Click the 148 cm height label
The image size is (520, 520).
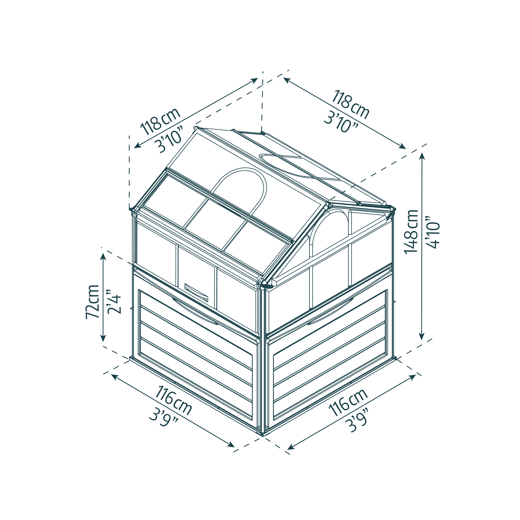[x=411, y=231]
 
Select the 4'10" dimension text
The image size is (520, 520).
[x=433, y=232]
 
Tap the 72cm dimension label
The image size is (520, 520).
[x=92, y=301]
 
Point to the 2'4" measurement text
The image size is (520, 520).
[x=114, y=302]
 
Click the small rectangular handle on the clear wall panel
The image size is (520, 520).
[x=196, y=292]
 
